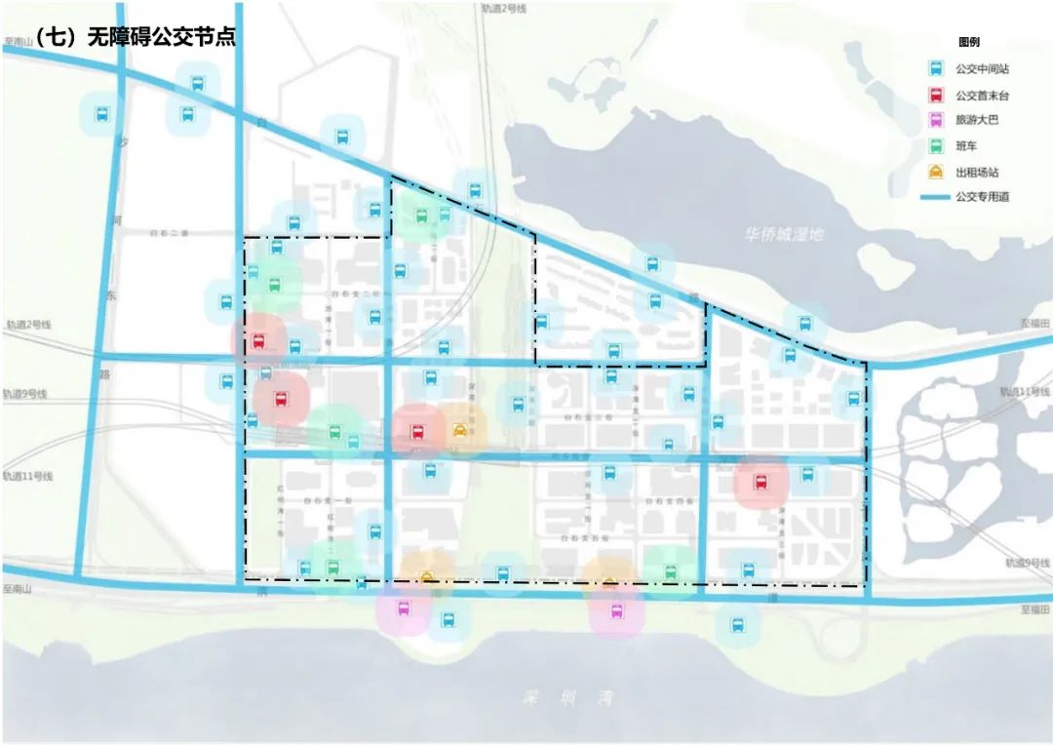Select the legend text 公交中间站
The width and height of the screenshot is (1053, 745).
[x=982, y=69]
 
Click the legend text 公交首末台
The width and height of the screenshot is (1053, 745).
[x=982, y=96]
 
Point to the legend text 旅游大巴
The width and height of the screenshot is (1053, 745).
[x=977, y=121]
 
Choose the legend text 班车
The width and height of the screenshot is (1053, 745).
[x=967, y=146]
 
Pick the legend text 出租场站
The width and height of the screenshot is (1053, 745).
[x=977, y=173]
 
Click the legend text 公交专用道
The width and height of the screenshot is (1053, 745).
[x=982, y=197]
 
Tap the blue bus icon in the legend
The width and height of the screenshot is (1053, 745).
[x=935, y=69]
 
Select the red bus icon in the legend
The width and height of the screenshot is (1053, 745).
[x=935, y=96]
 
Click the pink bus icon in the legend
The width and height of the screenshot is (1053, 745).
[x=935, y=121]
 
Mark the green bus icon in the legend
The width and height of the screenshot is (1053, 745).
[x=935, y=146]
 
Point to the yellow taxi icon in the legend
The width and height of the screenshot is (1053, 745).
[x=935, y=173]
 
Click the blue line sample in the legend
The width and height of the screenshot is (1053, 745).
[x=935, y=197]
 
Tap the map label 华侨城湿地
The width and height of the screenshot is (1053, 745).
[x=784, y=235]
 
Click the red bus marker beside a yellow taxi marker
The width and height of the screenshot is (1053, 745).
[x=417, y=431]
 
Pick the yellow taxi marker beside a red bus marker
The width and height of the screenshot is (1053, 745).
[x=459, y=430]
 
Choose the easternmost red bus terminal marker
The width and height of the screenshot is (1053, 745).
[x=760, y=482]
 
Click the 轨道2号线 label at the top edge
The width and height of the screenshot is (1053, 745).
[x=503, y=8]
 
